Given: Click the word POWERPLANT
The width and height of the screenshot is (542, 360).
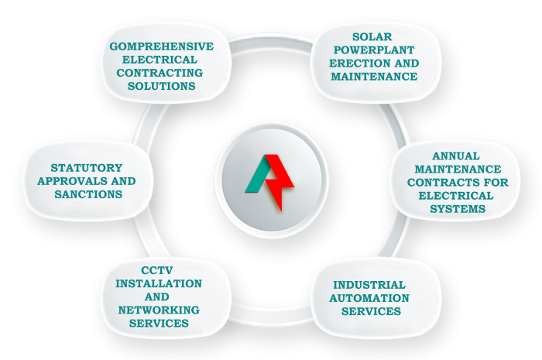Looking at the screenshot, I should tap(374, 50).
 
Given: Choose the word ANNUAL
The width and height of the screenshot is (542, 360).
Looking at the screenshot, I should tap(456, 156).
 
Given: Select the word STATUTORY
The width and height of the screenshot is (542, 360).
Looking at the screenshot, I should tap(87, 167).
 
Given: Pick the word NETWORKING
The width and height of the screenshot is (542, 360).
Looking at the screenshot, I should tap(159, 310).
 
